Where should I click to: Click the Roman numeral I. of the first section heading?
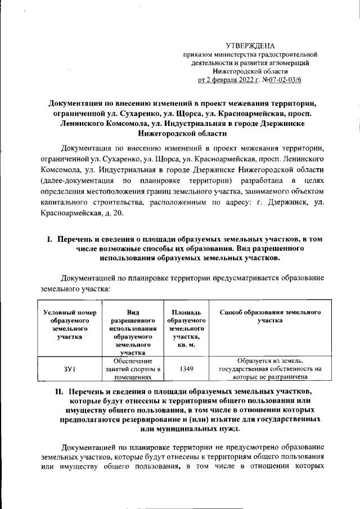point(49,240)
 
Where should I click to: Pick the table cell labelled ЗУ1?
point(69,370)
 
